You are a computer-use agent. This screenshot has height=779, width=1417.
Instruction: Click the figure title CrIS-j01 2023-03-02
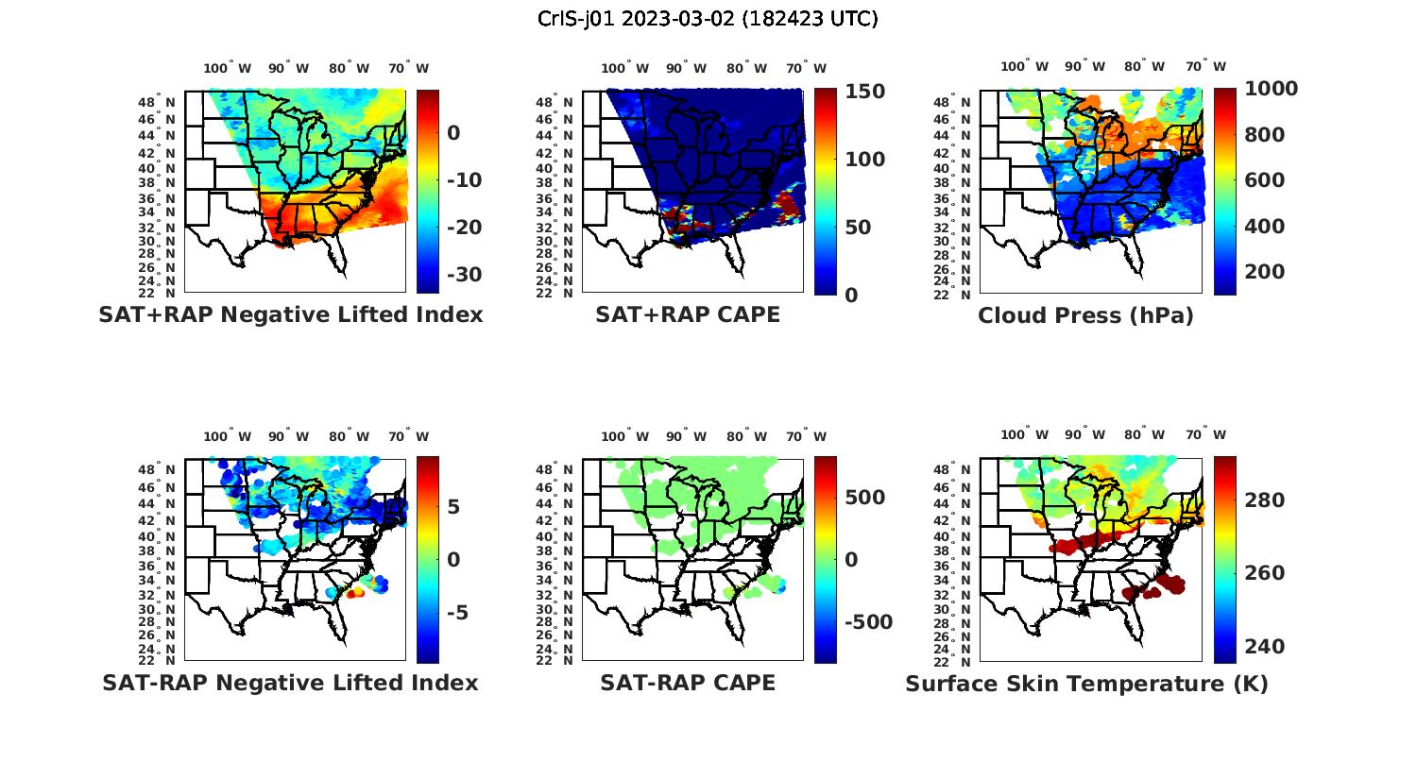pyautogui.click(x=708, y=19)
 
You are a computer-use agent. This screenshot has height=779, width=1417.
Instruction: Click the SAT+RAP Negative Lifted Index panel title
pyautogui.click(x=290, y=314)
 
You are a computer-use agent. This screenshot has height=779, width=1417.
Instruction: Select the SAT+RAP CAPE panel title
pyautogui.click(x=688, y=314)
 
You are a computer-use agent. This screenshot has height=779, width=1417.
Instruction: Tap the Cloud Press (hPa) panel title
pyautogui.click(x=1085, y=315)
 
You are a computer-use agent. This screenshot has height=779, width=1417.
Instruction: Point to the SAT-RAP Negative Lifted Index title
pyautogui.click(x=290, y=683)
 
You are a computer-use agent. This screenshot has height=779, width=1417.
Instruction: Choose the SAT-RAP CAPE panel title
pyautogui.click(x=688, y=683)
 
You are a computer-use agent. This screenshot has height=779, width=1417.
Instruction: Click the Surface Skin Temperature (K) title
pyautogui.click(x=1086, y=684)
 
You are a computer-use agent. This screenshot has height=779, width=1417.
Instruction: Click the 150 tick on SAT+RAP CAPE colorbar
pyautogui.click(x=864, y=92)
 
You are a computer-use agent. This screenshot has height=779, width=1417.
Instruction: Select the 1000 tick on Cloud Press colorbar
pyautogui.click(x=1271, y=89)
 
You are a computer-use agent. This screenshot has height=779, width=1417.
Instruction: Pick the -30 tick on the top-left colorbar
pyautogui.click(x=464, y=275)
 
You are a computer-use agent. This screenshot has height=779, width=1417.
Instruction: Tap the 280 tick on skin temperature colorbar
pyautogui.click(x=1265, y=500)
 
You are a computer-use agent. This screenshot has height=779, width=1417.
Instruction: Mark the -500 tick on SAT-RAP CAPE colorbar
pyautogui.click(x=867, y=622)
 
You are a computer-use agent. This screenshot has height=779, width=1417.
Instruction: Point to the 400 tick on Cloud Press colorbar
pyautogui.click(x=1264, y=227)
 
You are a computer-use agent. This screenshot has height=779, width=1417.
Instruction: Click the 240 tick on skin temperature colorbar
pyautogui.click(x=1265, y=647)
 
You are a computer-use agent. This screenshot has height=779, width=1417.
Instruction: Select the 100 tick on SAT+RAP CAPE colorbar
pyautogui.click(x=864, y=160)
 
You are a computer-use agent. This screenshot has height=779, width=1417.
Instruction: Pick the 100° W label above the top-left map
pyautogui.click(x=227, y=68)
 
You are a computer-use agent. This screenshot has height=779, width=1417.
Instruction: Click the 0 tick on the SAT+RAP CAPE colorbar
pyautogui.click(x=851, y=296)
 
